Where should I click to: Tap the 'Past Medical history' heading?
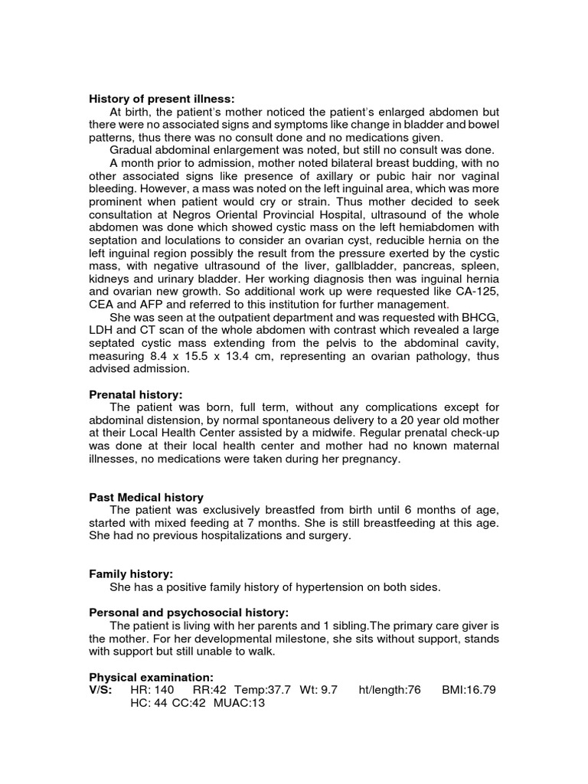[x=146, y=498]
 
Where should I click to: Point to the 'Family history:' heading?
[x=131, y=573]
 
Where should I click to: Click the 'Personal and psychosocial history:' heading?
[x=189, y=612]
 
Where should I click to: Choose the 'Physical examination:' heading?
[x=152, y=677]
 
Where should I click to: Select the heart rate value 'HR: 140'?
[x=152, y=690]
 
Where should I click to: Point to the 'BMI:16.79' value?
[x=469, y=690]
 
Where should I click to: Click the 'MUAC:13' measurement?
[x=239, y=704]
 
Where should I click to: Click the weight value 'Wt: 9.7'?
[x=325, y=690]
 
